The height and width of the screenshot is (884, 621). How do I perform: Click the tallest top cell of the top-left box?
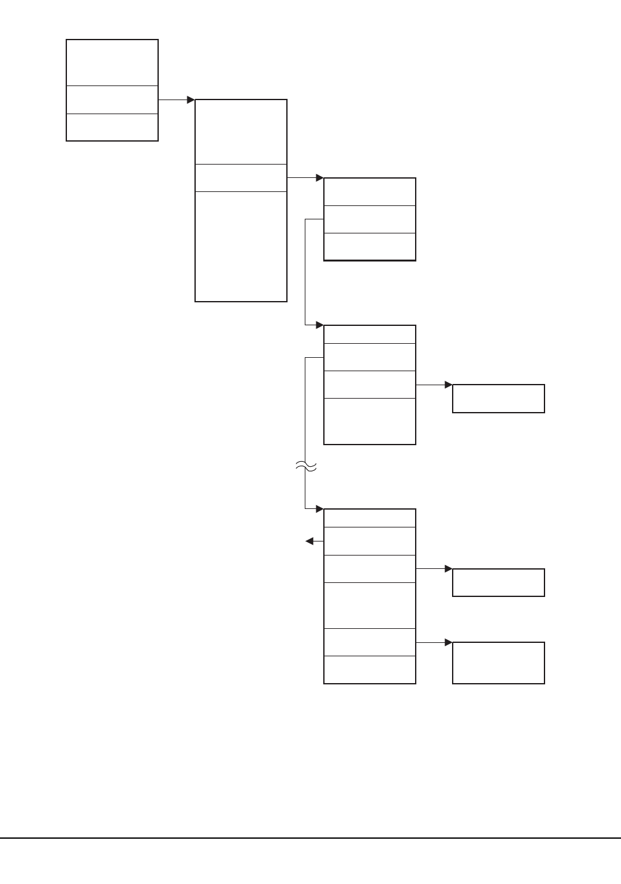point(112,63)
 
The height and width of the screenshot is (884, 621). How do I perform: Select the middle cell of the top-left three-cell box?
point(112,100)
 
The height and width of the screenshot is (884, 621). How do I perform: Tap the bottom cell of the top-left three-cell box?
point(112,128)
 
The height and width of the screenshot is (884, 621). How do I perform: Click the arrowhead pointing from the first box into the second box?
point(191,100)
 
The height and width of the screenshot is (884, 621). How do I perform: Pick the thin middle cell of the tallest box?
point(241,178)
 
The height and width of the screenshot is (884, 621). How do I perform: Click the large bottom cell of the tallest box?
point(241,246)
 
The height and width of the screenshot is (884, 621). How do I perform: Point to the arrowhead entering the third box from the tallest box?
point(319,178)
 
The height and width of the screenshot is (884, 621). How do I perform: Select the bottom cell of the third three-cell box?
point(370,246)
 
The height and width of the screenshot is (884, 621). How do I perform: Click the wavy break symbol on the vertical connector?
point(306,468)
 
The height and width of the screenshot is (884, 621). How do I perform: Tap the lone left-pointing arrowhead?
point(310,541)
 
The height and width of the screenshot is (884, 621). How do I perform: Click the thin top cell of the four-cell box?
point(370,334)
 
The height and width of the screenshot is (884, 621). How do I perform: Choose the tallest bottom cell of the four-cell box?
point(370,421)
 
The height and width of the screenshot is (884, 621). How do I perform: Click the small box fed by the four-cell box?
point(499,399)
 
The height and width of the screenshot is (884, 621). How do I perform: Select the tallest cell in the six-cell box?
point(370,605)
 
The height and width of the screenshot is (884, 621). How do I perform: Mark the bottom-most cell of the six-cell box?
point(370,670)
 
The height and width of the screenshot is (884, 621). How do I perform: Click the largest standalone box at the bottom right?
point(499,663)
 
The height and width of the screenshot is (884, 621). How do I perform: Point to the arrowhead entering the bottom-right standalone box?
point(448,642)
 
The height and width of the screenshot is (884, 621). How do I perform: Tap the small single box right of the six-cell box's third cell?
point(499,582)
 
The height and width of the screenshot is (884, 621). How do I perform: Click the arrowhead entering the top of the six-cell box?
point(319,509)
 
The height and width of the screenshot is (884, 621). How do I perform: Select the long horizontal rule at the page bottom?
point(310,838)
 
